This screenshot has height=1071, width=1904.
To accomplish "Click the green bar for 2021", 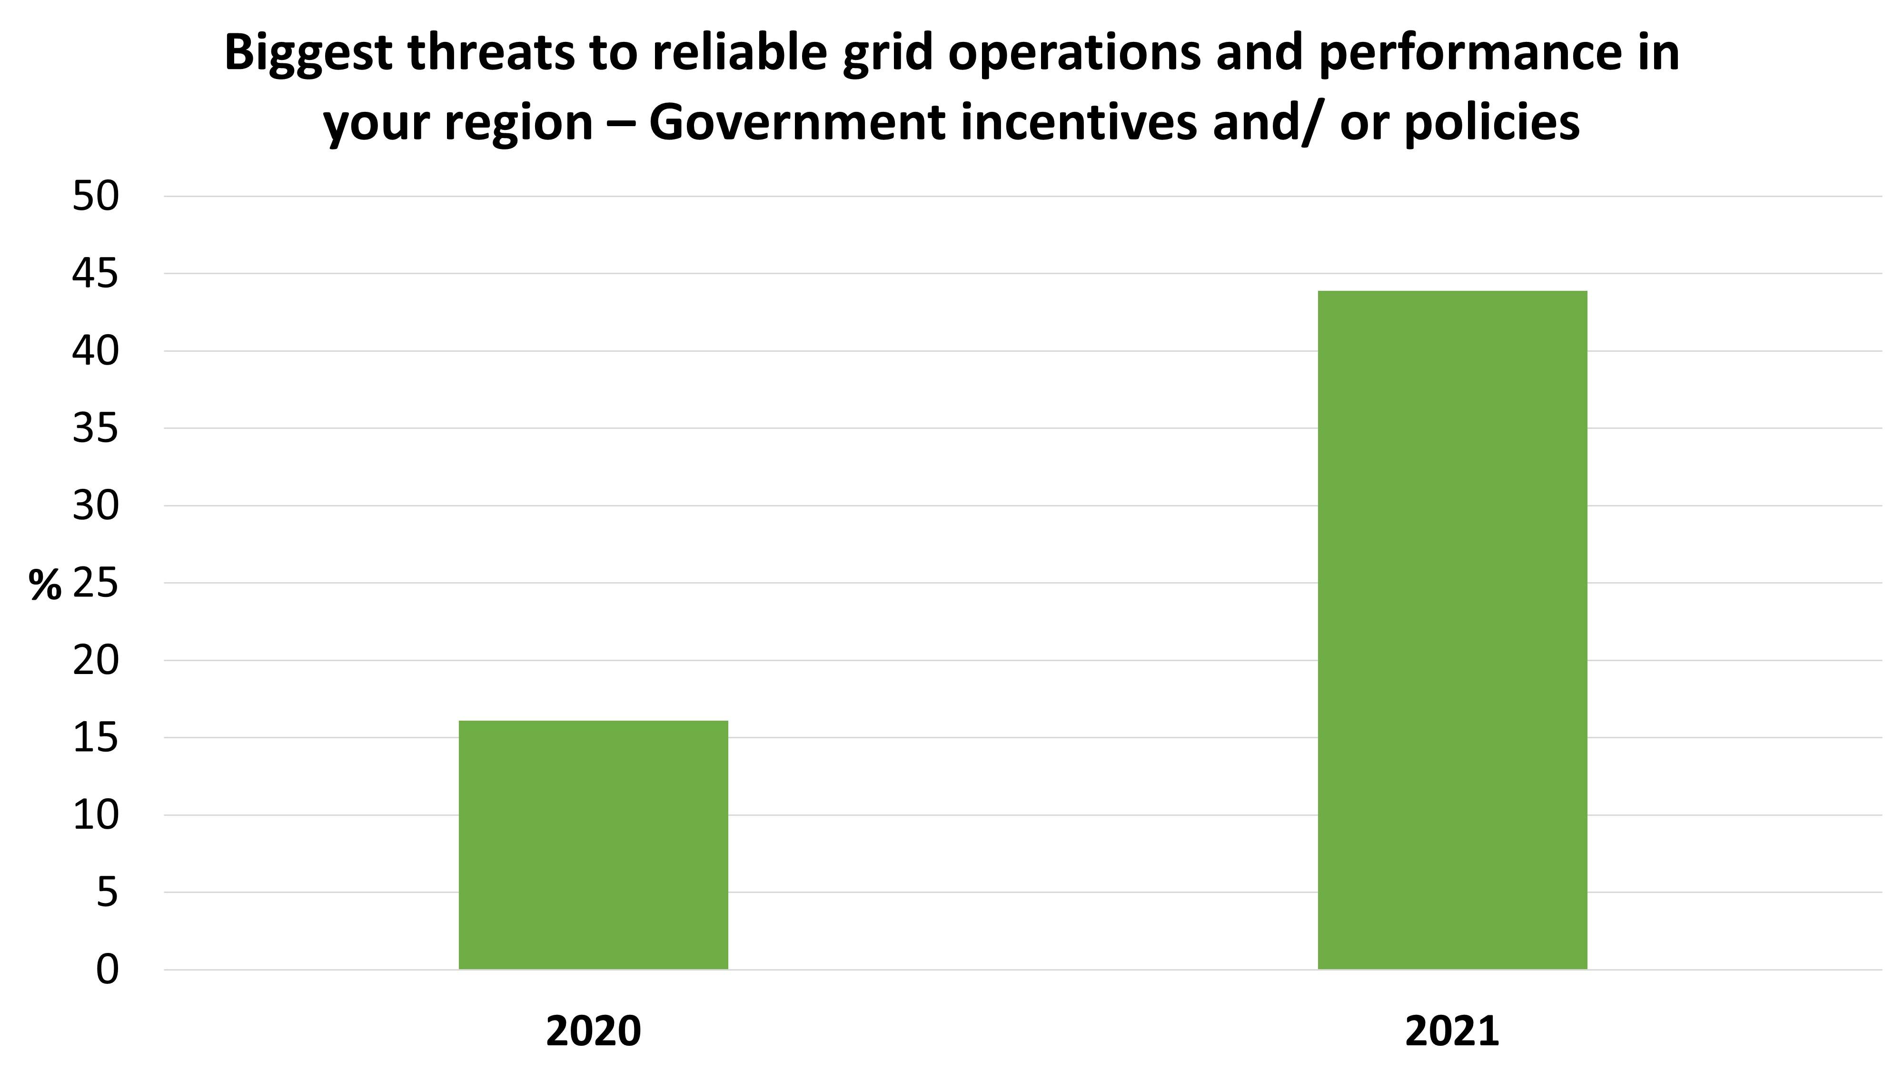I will [x=1452, y=630].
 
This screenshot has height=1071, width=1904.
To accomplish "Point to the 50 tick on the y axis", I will [x=95, y=197].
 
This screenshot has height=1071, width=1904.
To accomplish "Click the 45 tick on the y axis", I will [x=95, y=274].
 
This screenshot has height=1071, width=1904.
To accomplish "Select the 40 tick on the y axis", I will [x=95, y=351].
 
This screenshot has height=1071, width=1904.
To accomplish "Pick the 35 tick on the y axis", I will [x=95, y=429].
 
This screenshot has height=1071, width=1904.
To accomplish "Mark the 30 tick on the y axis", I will [x=95, y=506].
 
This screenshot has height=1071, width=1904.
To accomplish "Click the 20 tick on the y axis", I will [x=95, y=661].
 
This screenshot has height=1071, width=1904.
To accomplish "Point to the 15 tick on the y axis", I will [x=95, y=738].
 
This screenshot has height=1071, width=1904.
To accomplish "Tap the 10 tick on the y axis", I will [x=95, y=815].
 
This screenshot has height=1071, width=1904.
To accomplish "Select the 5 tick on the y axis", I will [x=107, y=893].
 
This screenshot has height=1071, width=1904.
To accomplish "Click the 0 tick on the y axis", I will [x=107, y=970].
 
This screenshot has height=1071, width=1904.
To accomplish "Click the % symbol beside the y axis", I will [x=45, y=585].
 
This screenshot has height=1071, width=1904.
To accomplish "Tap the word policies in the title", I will [x=1492, y=123].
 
